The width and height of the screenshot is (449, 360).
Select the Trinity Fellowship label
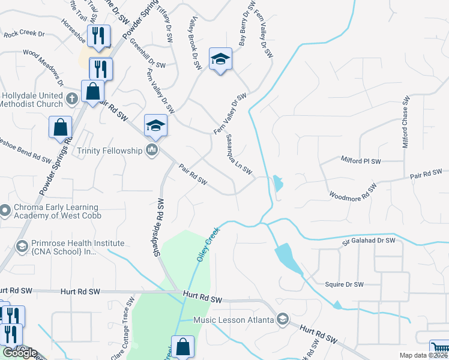coord(109,151)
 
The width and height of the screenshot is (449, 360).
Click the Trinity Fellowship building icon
coord(151,150)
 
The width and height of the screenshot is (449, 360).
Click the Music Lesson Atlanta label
coord(235,319)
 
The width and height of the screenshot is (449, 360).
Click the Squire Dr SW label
coord(344,284)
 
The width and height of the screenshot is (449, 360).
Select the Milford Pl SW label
coord(361,161)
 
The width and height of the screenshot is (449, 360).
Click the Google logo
coord(20,353)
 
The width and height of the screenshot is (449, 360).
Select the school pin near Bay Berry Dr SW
coord(220,59)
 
